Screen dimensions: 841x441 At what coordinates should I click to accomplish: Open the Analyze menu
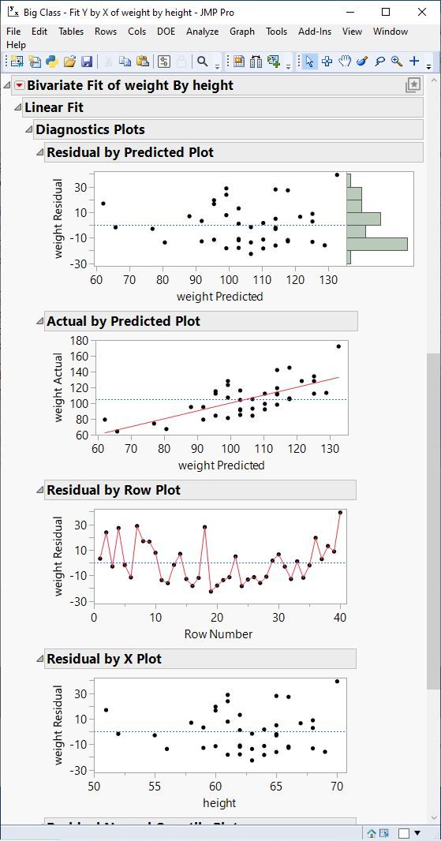tap(202, 32)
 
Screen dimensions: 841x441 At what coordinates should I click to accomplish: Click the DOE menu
tap(166, 32)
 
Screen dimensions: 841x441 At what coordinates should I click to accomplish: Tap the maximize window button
tap(386, 12)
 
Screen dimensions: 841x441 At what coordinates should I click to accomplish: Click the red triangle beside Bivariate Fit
tap(20, 85)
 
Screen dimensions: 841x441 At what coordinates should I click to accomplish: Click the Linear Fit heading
tap(54, 107)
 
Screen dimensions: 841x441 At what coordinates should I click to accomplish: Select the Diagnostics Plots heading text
tap(90, 129)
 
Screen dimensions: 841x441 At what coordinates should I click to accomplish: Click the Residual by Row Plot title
tap(114, 490)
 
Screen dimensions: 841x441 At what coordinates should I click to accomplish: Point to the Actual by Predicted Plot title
tap(123, 321)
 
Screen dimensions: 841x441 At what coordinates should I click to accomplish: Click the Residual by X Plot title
tap(104, 659)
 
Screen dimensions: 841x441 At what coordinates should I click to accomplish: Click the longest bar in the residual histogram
tap(377, 244)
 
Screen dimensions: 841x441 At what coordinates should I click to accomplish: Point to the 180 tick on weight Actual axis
tap(78, 341)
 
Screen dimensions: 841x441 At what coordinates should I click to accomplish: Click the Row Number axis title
tap(219, 634)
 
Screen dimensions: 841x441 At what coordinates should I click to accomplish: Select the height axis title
tap(219, 803)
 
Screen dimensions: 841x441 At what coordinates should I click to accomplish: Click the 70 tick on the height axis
tap(337, 787)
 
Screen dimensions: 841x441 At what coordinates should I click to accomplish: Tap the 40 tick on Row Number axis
tap(340, 618)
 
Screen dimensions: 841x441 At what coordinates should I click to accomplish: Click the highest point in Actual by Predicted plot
tap(338, 346)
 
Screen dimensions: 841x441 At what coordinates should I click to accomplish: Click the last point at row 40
tap(340, 513)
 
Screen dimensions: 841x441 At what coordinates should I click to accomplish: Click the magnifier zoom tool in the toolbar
tap(396, 62)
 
